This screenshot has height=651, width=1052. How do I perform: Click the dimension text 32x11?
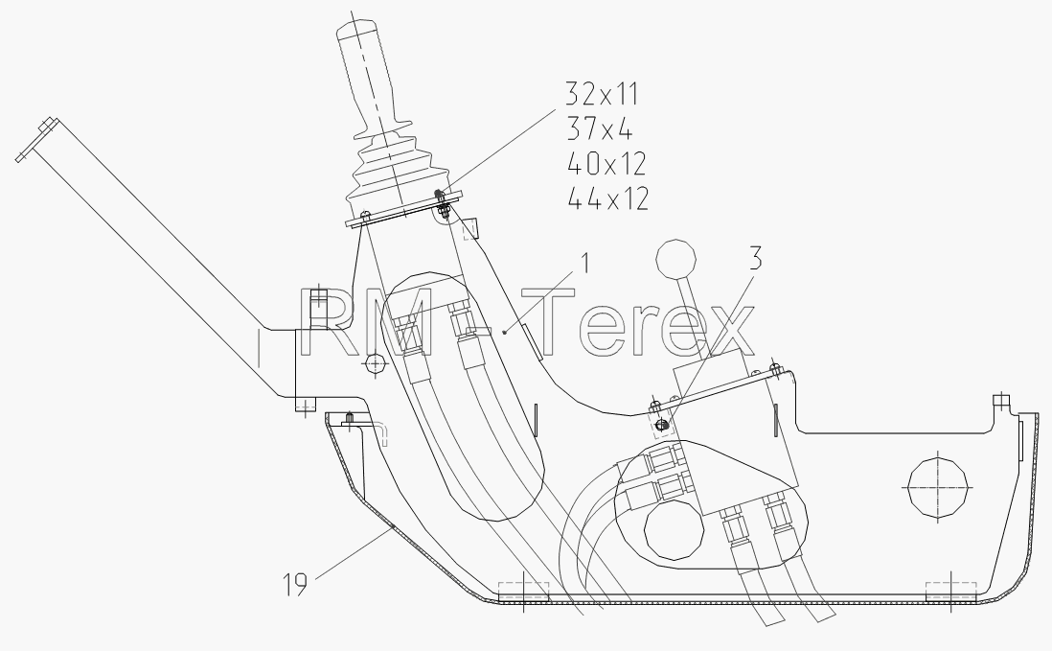coord(602,93)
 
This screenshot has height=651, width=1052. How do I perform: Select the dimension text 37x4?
coord(599,128)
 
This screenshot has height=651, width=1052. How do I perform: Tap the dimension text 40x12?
coord(606,163)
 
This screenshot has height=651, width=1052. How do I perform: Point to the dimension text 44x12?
coord(608,198)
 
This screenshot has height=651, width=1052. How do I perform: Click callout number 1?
coord(585,263)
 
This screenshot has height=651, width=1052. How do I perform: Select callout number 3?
coord(755,259)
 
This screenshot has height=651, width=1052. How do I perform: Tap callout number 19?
coord(294,585)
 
